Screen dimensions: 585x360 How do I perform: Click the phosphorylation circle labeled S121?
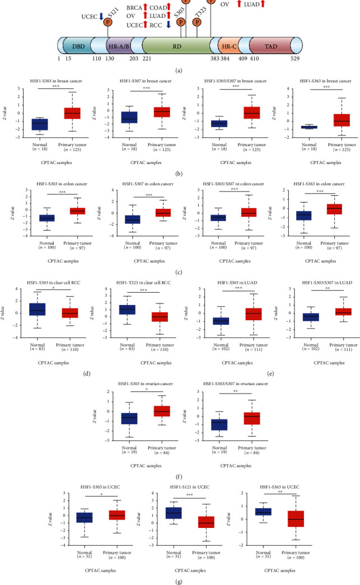(107, 21)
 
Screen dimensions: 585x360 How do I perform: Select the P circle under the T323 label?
(197, 22)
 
